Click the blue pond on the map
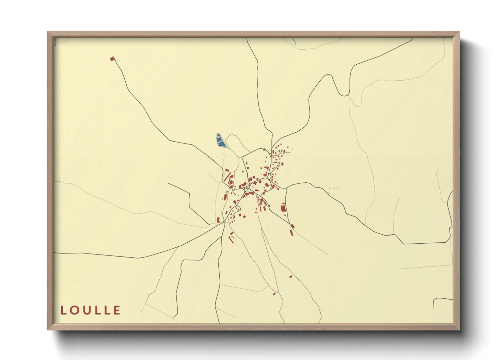pyautogui.click(x=221, y=140)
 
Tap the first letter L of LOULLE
pyautogui.click(x=63, y=310)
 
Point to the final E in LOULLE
pyautogui.click(x=117, y=310)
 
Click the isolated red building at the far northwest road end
pyautogui.click(x=112, y=59)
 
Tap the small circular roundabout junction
pyautogui.click(x=224, y=222)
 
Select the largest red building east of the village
pyautogui.click(x=283, y=207)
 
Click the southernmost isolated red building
pyautogui.click(x=274, y=294)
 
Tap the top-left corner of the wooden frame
pyautogui.click(x=48, y=32)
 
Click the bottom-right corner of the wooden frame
pyautogui.click(x=459, y=329)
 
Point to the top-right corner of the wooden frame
pyautogui.click(x=459, y=32)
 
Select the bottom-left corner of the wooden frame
pyautogui.click(x=48, y=329)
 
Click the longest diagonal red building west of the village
pyautogui.click(x=227, y=177)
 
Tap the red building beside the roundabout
pyautogui.click(x=218, y=220)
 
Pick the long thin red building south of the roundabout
pyautogui.click(x=231, y=240)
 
